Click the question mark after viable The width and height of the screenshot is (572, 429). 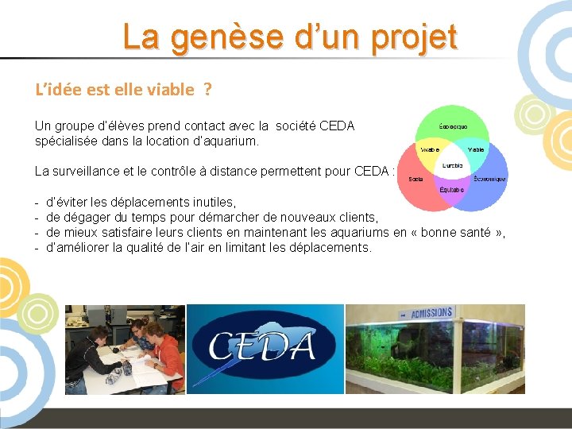pyautogui.click(x=207, y=89)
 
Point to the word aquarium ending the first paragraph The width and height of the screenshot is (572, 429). pyautogui.click(x=233, y=141)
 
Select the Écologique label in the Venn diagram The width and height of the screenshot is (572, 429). pyautogui.click(x=453, y=126)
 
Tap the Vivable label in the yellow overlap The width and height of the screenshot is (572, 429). pyautogui.click(x=430, y=149)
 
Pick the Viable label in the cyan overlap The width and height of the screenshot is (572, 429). pyautogui.click(x=476, y=149)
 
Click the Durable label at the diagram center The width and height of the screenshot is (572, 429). pyautogui.click(x=453, y=166)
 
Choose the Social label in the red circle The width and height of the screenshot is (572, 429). pyautogui.click(x=415, y=179)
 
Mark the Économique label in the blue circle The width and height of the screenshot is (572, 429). pyautogui.click(x=489, y=179)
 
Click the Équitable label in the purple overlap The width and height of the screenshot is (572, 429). pyautogui.click(x=453, y=191)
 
